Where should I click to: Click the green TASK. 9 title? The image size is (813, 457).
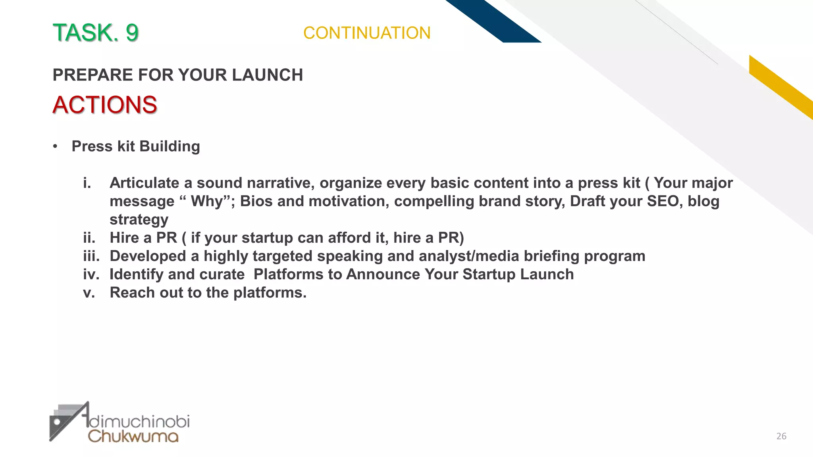(95, 33)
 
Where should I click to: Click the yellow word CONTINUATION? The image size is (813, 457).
(367, 33)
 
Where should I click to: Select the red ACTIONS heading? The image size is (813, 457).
(105, 105)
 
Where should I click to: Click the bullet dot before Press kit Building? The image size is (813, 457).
(55, 147)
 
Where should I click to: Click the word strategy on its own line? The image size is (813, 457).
(139, 220)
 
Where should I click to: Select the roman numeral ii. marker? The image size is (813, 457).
(89, 238)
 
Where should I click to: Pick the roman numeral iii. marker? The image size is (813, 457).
(91, 256)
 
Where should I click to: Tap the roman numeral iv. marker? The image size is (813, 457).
(91, 274)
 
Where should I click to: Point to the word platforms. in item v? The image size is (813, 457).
(270, 293)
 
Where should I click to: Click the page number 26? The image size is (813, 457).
(781, 436)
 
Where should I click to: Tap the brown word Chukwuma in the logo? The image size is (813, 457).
(133, 436)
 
